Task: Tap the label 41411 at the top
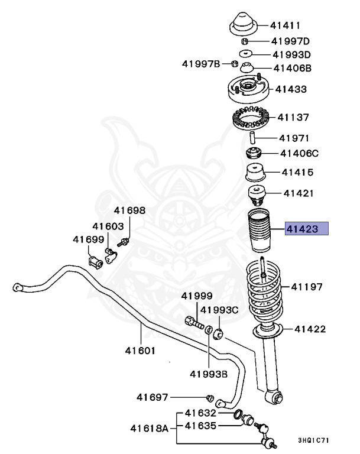click(x=286, y=25)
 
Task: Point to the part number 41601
click(x=140, y=350)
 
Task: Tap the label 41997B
click(x=201, y=64)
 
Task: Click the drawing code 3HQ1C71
click(x=314, y=440)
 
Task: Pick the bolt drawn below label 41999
click(x=194, y=323)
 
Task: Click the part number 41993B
click(x=209, y=374)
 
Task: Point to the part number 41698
click(x=129, y=210)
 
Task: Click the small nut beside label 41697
click(x=210, y=397)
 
